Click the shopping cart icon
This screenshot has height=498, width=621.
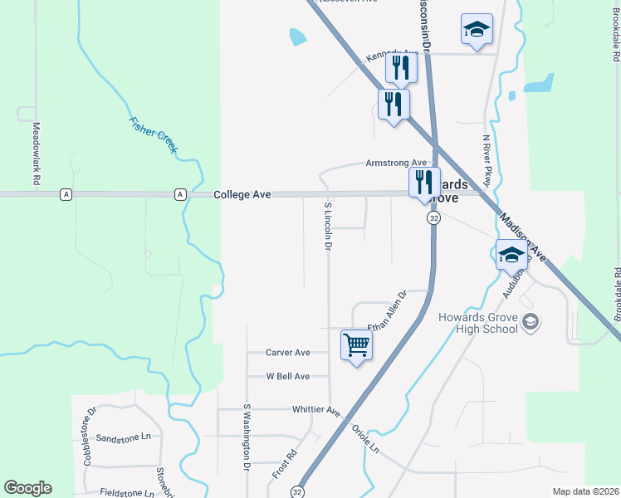tap(356, 344)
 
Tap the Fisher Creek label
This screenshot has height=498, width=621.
tap(154, 134)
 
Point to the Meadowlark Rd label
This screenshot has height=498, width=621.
tap(37, 153)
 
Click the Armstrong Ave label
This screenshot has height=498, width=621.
tap(396, 164)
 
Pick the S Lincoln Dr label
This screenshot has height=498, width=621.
tap(328, 226)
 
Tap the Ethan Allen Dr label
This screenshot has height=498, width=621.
tap(387, 310)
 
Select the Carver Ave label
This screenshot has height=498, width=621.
tap(287, 352)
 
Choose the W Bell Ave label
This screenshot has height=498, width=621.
tap(287, 376)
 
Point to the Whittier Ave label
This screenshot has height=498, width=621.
tap(316, 410)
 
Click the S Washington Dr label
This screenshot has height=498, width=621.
tap(247, 437)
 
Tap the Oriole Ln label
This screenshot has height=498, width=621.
tap(365, 439)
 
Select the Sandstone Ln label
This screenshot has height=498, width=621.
tap(123, 437)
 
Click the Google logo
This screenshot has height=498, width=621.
tap(27, 488)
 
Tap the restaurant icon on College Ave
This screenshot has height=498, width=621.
tap(423, 183)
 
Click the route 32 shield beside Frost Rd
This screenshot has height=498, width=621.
tap(297, 491)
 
